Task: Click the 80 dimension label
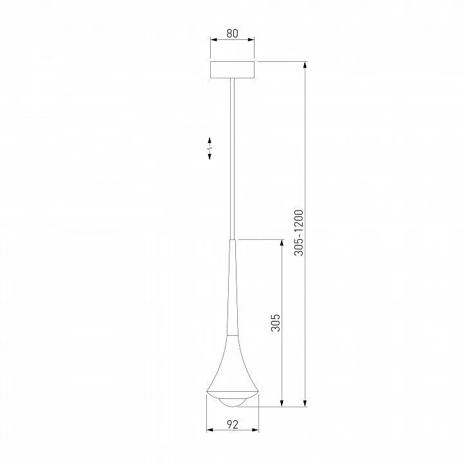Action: click(x=232, y=33)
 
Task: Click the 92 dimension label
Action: click(x=233, y=425)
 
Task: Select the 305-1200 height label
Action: click(x=299, y=233)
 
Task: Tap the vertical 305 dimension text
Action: click(x=276, y=323)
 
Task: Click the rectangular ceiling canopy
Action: click(x=232, y=70)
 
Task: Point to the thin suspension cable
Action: click(x=233, y=159)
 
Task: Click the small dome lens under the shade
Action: click(x=233, y=402)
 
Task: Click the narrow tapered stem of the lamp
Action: click(x=233, y=287)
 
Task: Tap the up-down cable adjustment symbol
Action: click(x=209, y=148)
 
